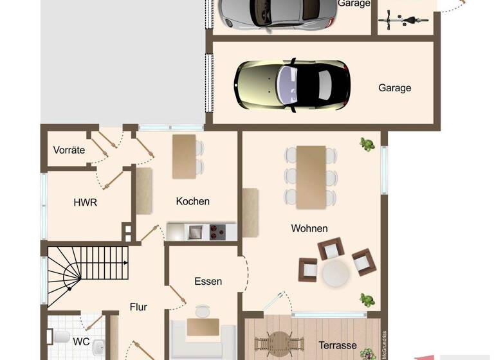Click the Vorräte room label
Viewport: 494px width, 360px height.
tap(69, 150)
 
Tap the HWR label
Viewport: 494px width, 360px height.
tap(85, 202)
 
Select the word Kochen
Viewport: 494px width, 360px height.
tap(192, 201)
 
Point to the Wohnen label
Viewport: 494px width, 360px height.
tap(309, 228)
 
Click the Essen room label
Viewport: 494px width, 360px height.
tap(208, 281)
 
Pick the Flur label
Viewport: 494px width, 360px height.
tap(139, 307)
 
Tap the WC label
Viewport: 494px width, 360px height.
tap(81, 341)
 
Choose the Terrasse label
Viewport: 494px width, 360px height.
tap(338, 345)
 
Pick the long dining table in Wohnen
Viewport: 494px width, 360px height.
tap(311, 177)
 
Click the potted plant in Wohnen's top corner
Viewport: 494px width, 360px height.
tap(367, 145)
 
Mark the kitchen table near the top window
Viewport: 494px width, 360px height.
tap(184, 157)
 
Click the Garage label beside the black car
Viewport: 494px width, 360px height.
tap(394, 88)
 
